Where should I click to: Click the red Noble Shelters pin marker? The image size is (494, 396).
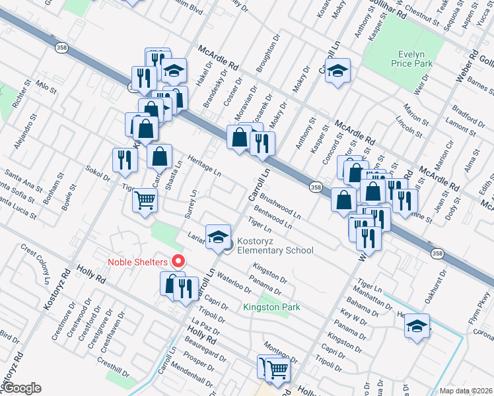[x=177, y=261]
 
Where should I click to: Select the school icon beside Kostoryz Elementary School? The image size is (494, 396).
[x=218, y=237]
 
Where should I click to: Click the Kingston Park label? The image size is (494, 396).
[x=271, y=307]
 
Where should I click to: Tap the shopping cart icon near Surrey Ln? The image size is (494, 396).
[x=145, y=201]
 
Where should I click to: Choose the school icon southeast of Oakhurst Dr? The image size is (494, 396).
[x=417, y=326]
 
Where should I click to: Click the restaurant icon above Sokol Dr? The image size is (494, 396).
[x=123, y=159]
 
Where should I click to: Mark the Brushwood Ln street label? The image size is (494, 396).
[x=280, y=205]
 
